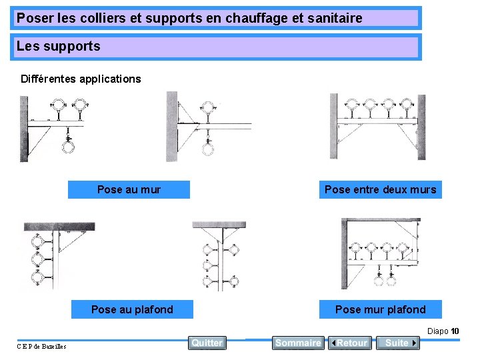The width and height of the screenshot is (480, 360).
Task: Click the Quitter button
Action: tap(207, 343)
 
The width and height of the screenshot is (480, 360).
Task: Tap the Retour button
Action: tap(350, 343)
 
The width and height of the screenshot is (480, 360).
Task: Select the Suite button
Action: tap(398, 343)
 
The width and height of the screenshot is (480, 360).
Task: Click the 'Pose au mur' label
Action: tap(129, 190)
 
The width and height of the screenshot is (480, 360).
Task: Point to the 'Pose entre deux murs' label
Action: tap(380, 190)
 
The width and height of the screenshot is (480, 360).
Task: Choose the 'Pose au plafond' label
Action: tap(132, 309)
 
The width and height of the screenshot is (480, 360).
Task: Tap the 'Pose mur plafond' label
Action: tap(380, 309)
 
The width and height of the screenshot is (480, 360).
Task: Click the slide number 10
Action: tap(455, 331)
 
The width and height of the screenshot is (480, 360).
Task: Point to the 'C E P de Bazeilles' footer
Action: tap(41, 346)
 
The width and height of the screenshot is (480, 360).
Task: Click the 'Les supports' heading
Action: tap(59, 47)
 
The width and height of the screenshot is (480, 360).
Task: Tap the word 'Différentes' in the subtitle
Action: tap(48, 79)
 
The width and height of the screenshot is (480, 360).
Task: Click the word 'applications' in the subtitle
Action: tap(110, 79)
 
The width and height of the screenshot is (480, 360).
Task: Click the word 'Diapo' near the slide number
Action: tap(437, 331)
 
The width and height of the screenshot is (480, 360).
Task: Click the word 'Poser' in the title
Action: tap(31, 18)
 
